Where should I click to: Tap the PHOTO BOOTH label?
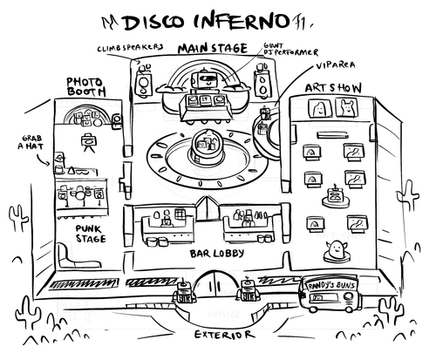85,87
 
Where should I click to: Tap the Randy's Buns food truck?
328,296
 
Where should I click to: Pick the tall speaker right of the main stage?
260,85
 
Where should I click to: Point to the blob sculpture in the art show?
334,251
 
